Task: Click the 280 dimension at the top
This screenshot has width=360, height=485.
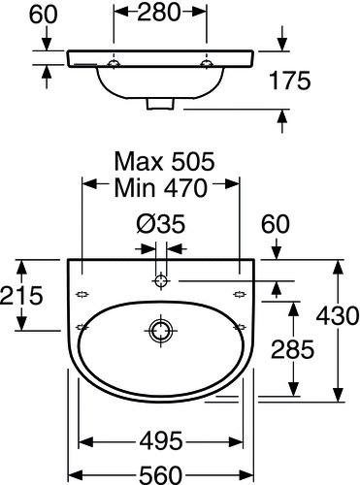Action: click(158, 13)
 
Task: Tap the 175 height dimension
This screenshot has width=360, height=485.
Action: click(290, 81)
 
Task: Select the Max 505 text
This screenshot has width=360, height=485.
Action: click(164, 161)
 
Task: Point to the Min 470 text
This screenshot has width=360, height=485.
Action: click(161, 188)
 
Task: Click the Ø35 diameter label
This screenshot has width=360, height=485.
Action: click(161, 224)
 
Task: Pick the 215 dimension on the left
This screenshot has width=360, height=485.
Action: click(21, 295)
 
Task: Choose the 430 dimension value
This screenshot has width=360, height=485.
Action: click(338, 315)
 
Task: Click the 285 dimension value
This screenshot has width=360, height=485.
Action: click(292, 349)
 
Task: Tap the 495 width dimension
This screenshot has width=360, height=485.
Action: click(161, 440)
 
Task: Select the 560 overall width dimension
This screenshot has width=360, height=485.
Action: click(161, 474)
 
